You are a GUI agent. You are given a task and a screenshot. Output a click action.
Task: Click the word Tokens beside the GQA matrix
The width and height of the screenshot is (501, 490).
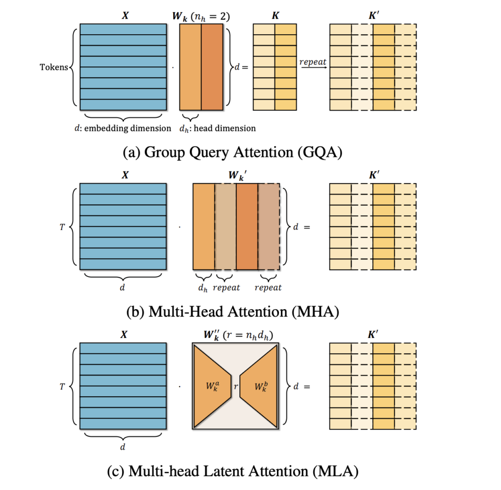[x=53, y=67]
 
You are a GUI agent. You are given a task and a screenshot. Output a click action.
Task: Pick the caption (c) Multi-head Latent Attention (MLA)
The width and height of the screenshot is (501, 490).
[x=232, y=471]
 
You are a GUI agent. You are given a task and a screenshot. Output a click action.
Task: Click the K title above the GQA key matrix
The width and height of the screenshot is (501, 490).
[x=275, y=15]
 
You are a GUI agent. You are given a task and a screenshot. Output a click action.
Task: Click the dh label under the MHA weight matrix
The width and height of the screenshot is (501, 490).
[x=203, y=288]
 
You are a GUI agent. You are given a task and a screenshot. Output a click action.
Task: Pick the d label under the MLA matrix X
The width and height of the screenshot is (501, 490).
[x=122, y=447]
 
